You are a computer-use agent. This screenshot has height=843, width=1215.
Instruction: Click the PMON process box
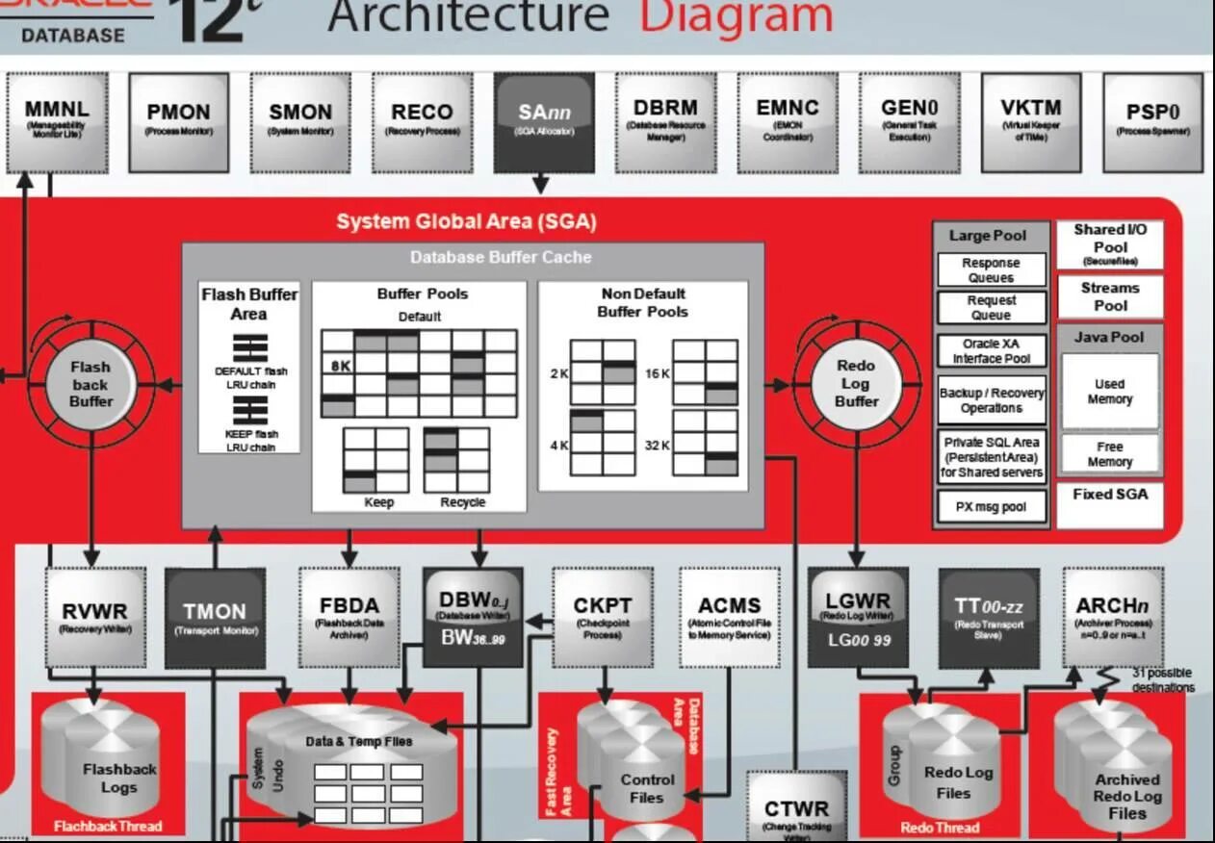(178, 122)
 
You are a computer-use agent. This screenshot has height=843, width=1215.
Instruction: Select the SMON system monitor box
(300, 122)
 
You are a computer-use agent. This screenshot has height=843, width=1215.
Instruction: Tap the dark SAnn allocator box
(544, 122)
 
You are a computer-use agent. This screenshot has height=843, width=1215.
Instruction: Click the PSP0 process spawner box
(1151, 122)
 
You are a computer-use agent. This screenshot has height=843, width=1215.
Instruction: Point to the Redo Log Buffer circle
(855, 383)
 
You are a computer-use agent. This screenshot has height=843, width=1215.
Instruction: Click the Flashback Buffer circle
(90, 384)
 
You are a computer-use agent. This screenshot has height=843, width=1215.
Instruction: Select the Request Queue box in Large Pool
(991, 308)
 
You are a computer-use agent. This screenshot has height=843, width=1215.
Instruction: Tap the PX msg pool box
(991, 507)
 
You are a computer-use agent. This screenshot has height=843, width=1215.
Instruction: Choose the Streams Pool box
(1109, 296)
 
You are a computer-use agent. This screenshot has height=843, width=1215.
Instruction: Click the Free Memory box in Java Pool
(1109, 454)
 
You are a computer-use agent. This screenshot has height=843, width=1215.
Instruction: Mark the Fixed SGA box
(1109, 495)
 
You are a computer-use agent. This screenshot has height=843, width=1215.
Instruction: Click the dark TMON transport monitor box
(215, 618)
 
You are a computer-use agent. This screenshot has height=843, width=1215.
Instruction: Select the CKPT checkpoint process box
(602, 616)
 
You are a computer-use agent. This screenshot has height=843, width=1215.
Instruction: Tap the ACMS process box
(729, 616)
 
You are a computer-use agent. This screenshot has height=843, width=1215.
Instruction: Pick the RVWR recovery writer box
(93, 618)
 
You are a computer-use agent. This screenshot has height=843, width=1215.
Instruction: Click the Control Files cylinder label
(647, 788)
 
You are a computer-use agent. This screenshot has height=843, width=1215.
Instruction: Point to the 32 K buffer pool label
(658, 445)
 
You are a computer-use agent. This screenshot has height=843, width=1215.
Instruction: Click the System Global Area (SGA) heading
(466, 222)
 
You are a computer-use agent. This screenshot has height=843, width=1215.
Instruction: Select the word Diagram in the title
(736, 17)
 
